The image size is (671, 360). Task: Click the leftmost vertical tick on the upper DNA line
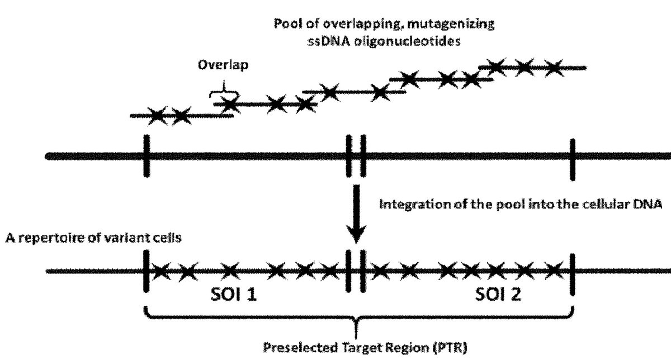[x=146, y=155]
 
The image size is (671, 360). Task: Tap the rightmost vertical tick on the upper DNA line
[x=572, y=159]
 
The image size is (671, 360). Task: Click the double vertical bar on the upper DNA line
[x=356, y=155]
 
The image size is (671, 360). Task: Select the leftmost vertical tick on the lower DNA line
[x=146, y=271]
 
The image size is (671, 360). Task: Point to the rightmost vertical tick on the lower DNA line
[x=572, y=271]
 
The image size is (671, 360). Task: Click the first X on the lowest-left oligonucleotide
[x=157, y=117]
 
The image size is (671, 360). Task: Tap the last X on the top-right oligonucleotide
[x=552, y=68]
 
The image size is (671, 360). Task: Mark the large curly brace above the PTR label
[x=358, y=317]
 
